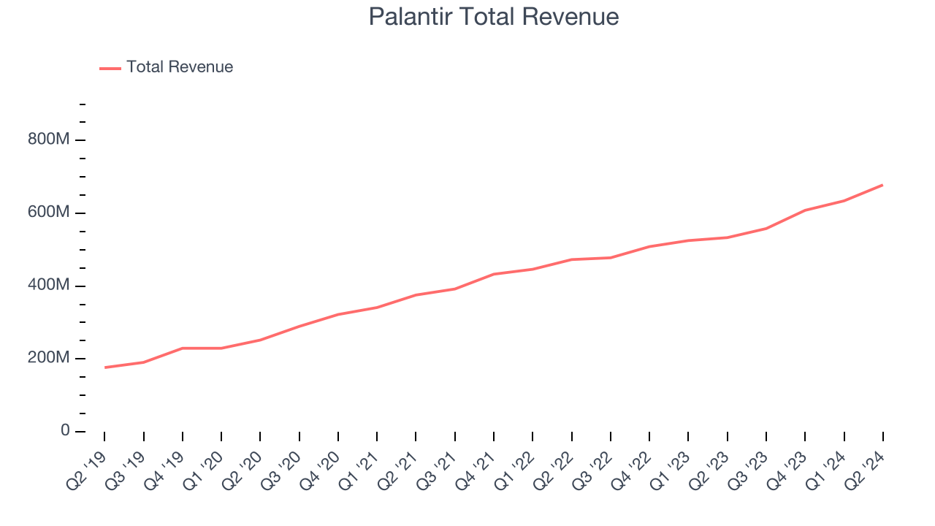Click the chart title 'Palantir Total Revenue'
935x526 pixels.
pyautogui.click(x=494, y=17)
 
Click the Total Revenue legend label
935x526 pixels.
pyautogui.click(x=180, y=67)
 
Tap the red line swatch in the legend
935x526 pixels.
pyautogui.click(x=110, y=68)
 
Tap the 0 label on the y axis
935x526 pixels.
pyautogui.click(x=65, y=431)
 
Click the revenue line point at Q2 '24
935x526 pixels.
pyautogui.click(x=882, y=185)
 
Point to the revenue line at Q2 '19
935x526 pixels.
pyautogui.click(x=104, y=367)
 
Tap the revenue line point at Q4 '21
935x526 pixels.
pyautogui.click(x=494, y=274)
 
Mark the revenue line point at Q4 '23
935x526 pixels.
pyautogui.click(x=805, y=210)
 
